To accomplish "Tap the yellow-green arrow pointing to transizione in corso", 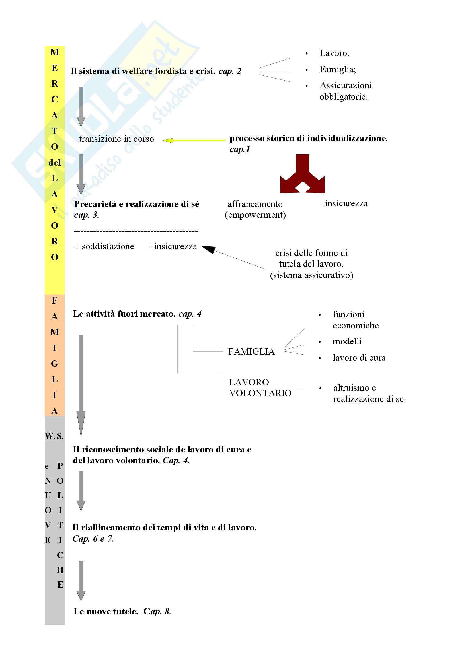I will (194, 141).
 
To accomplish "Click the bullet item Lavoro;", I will (334, 53).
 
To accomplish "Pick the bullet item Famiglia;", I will (338, 69).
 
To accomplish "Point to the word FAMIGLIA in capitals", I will (251, 352).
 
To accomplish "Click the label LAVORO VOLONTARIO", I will (260, 388).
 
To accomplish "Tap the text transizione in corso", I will (116, 139).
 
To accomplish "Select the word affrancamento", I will (255, 204).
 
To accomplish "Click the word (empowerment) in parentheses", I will (255, 215).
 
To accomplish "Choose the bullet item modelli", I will (347, 341).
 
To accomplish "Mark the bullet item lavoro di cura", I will (359, 358).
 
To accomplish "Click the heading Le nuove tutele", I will (106, 611).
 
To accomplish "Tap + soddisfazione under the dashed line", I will (104, 246).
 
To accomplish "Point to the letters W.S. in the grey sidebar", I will (54, 436).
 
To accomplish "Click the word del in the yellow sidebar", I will (54, 162).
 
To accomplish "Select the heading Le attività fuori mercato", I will (124, 314).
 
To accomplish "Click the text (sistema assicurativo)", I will (311, 275).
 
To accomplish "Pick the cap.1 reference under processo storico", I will (240, 149).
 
